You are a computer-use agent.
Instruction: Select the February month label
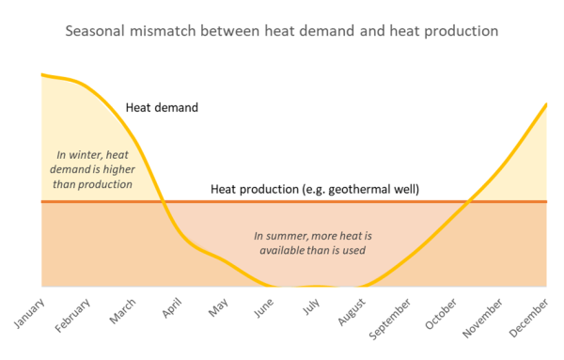(x=72, y=314)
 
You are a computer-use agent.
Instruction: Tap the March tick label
(x=122, y=308)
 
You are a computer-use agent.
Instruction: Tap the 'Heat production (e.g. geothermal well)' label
(x=314, y=190)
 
